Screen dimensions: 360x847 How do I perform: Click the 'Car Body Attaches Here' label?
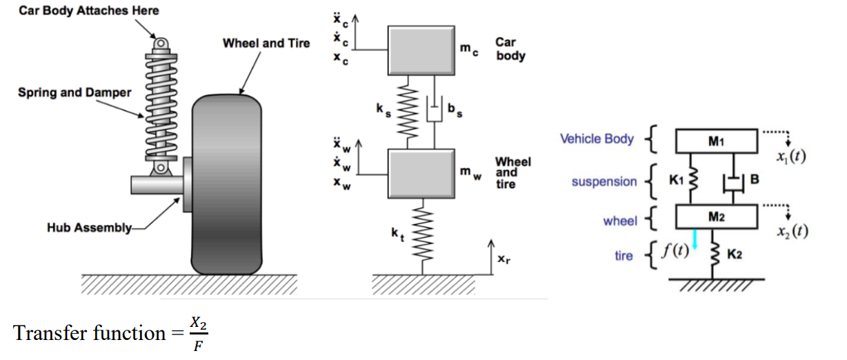(x=88, y=10)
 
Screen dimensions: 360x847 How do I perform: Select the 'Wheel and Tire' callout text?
(x=266, y=43)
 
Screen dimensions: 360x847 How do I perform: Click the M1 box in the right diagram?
(x=717, y=141)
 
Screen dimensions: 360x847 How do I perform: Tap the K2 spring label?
(x=735, y=255)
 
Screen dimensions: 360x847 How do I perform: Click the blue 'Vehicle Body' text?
(x=597, y=139)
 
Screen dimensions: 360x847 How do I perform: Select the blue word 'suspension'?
(x=604, y=181)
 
